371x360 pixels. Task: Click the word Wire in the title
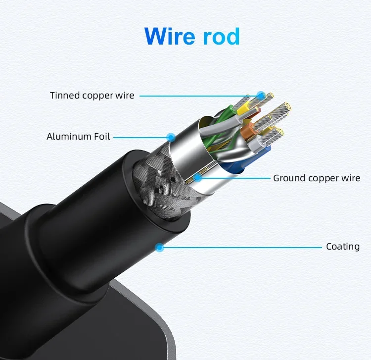170,36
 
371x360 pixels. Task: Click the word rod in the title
222,36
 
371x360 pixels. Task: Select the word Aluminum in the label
69,136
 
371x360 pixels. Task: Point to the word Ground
289,178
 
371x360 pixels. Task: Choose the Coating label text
343,246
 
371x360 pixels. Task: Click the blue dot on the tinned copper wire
261,95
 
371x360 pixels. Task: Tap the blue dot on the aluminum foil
171,136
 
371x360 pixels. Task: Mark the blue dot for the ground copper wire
197,177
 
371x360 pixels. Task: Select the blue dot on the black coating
159,247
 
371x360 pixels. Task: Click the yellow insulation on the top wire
243,111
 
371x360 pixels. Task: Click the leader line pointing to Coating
242,247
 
